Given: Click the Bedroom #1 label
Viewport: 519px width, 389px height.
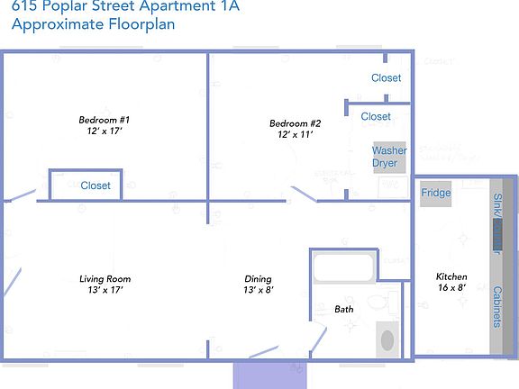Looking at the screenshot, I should coord(105,120).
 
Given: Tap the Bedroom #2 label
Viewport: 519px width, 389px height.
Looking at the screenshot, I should coord(296,123).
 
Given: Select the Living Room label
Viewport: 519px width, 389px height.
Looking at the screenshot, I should coord(105,279).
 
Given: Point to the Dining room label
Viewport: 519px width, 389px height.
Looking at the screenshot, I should coord(258,279).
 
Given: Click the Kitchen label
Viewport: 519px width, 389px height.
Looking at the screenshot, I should coord(451,276).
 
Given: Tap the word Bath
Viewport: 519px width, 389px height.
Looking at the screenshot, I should coord(344,309).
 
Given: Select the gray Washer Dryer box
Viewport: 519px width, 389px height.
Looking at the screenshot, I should coord(389,158).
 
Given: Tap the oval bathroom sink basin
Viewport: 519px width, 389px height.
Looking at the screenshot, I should coord(387,340).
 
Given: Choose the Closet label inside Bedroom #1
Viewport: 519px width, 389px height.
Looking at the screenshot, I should coord(96,185).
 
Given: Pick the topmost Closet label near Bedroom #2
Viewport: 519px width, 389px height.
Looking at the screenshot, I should coord(387,78).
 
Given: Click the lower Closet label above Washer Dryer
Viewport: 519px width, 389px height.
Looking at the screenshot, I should coord(376,116).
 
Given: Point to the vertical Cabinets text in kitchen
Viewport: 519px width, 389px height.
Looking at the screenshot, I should coord(496,306).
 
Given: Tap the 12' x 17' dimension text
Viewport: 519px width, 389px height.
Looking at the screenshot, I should coord(105,131).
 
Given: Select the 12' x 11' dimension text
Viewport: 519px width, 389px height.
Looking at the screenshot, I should coord(296,135).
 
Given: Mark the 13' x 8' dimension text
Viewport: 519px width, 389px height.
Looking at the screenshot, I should coord(258,290).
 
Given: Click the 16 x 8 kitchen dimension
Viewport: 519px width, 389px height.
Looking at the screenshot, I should coord(451,288).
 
